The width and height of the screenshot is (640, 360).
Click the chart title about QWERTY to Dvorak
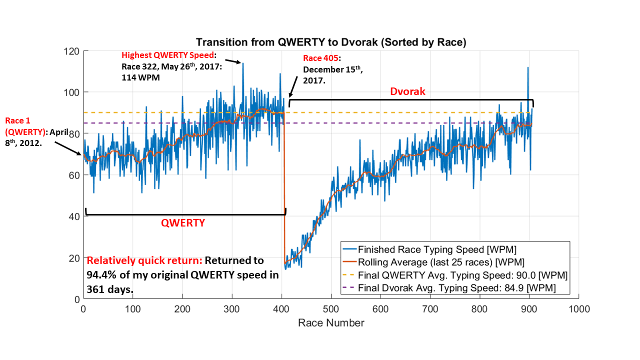[x=331, y=42]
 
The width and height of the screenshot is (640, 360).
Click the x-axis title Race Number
[x=331, y=322]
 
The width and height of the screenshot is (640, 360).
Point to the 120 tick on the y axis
[x=72, y=51]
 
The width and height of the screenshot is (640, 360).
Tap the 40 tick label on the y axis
[x=74, y=216]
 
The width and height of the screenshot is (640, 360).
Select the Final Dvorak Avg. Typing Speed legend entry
[x=455, y=288]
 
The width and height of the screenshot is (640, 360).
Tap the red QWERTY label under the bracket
[x=182, y=223]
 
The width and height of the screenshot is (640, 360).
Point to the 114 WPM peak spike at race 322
[x=243, y=63]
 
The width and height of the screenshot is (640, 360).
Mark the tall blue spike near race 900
[x=527, y=68]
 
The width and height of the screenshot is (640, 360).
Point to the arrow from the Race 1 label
[x=68, y=147]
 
